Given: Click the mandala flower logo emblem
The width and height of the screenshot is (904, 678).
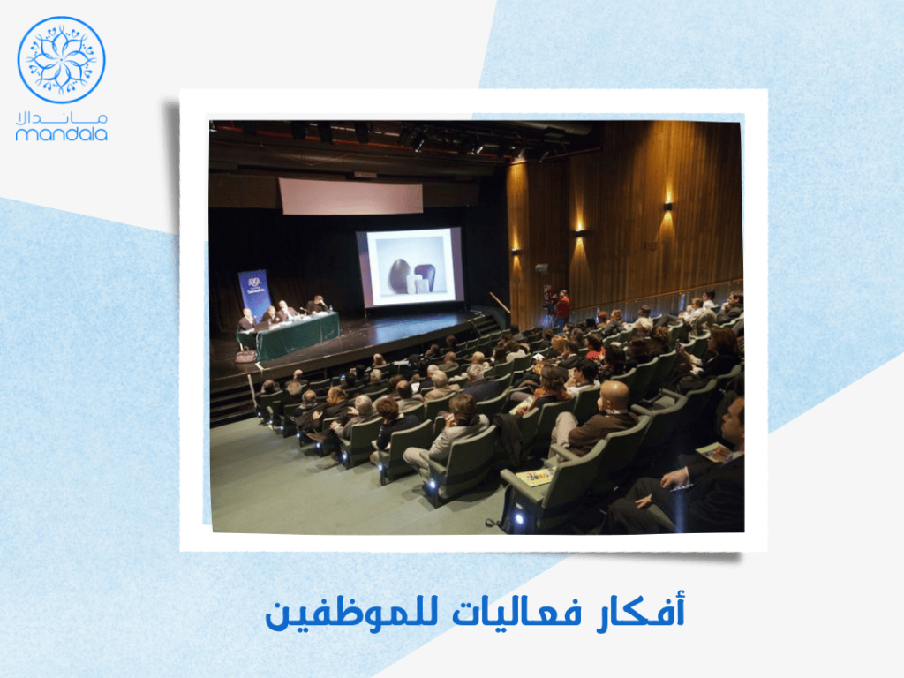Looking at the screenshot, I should (x=61, y=60).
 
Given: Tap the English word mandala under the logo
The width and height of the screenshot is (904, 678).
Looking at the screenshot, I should (x=61, y=135).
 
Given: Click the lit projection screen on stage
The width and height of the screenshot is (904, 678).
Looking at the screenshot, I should (x=410, y=267).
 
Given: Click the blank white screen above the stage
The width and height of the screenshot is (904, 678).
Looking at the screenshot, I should (x=350, y=196).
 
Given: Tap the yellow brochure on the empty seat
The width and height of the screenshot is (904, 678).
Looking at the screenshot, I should (x=532, y=477).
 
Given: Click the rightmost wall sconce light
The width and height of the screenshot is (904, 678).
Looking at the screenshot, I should (x=667, y=206).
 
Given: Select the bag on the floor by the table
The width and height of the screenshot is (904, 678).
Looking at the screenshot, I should (x=245, y=356).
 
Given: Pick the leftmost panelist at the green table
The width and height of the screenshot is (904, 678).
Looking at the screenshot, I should (x=246, y=319).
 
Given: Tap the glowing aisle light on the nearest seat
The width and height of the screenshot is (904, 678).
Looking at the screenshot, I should (x=518, y=519).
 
